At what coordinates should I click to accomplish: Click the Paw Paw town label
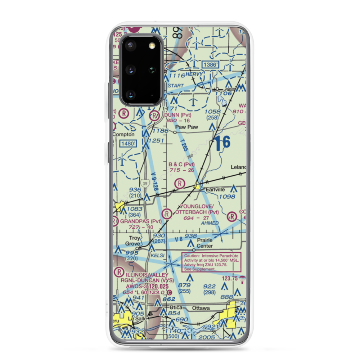(184, 127)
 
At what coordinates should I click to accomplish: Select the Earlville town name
(216, 189)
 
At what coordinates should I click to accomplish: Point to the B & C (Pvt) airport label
(181, 165)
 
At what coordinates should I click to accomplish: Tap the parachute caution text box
(211, 262)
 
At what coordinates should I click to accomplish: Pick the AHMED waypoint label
(210, 223)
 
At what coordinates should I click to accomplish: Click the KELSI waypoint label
(158, 255)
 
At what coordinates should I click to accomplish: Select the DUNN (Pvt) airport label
(178, 115)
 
